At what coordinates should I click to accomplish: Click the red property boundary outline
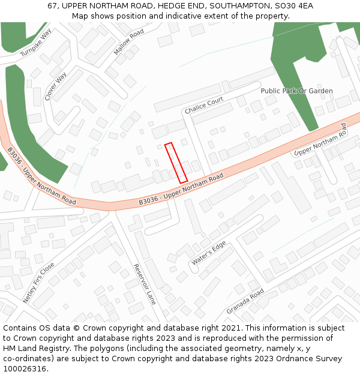(176, 163)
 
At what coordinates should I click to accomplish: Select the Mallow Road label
(129, 42)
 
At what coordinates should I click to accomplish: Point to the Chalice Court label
(204, 106)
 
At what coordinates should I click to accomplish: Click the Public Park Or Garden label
(296, 91)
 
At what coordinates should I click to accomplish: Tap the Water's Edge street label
(208, 254)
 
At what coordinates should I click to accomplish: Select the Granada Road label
(245, 302)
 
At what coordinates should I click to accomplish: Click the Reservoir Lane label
(145, 284)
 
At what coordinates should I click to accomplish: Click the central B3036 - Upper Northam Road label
(181, 189)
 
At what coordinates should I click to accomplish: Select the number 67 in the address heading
(52, 6)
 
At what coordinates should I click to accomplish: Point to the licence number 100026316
(24, 369)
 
